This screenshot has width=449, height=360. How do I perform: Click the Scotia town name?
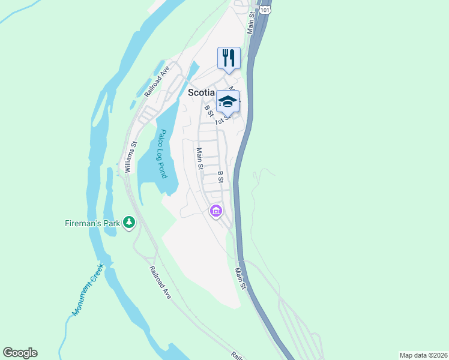(202, 92)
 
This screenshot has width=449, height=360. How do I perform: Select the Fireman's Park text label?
(92, 223)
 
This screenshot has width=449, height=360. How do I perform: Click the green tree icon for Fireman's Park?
(129, 223)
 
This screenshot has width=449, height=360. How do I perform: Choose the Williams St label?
(130, 157)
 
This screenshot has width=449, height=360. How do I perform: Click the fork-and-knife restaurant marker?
(228, 58)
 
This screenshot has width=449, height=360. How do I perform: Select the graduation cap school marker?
(228, 100)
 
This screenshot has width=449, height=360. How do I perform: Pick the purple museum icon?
(215, 211)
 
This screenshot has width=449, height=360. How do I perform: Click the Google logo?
(20, 352)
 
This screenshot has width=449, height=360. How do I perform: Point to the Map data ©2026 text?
(423, 355)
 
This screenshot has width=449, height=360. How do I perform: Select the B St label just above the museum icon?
(220, 176)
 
